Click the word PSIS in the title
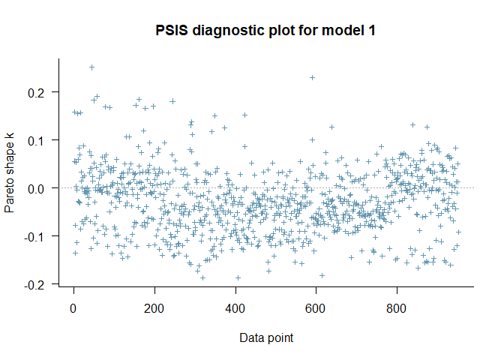(x=172, y=31)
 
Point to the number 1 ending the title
(x=370, y=31)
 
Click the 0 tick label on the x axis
(x=73, y=308)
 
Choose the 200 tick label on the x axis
(x=154, y=308)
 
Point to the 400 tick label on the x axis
(x=235, y=308)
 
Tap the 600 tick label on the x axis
(x=315, y=308)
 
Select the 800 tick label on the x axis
(x=396, y=308)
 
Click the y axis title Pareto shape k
(x=10, y=172)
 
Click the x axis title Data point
(x=266, y=338)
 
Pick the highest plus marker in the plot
(x=91, y=67)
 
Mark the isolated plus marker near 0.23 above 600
(x=312, y=78)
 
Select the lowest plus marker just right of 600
(x=322, y=275)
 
